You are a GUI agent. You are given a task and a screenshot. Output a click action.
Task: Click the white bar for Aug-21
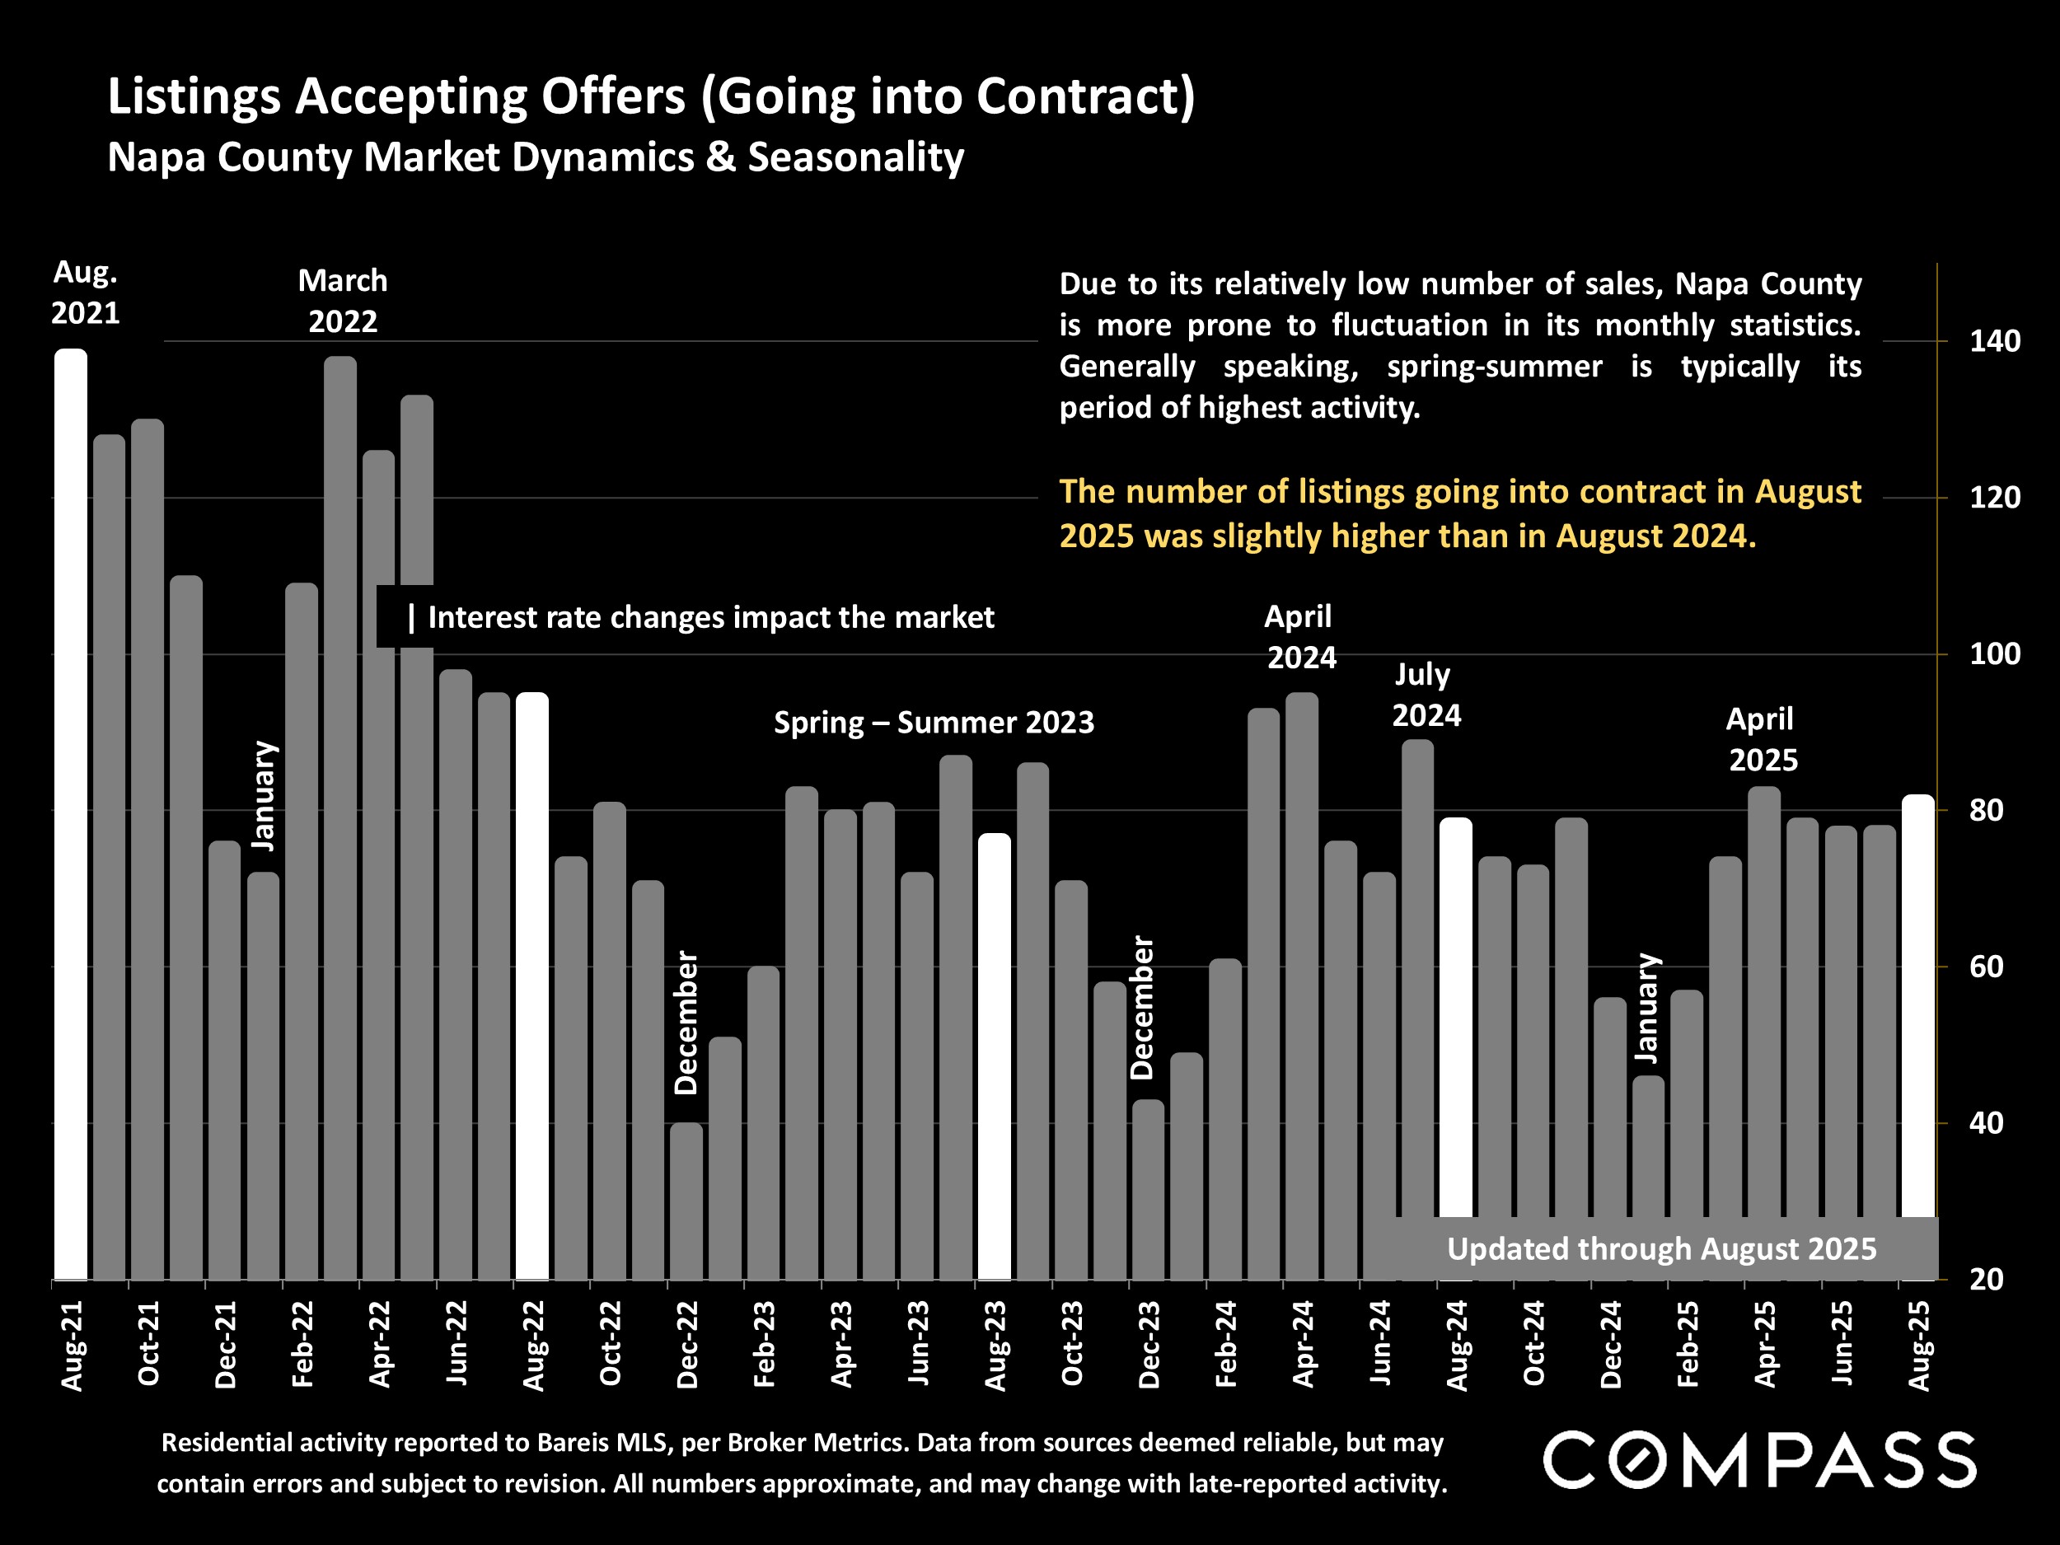point(71,815)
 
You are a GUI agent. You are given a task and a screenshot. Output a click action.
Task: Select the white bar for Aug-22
point(531,987)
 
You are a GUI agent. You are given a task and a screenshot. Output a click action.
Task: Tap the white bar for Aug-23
point(994,1057)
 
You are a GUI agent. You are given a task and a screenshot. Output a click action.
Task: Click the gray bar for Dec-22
point(686,1201)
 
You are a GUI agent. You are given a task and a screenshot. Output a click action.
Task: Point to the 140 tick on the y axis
point(1995,342)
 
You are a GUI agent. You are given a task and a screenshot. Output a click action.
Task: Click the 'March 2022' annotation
point(343,301)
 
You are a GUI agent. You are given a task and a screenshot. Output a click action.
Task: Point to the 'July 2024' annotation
point(1425,695)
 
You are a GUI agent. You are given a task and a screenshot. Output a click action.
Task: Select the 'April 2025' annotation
point(1761,739)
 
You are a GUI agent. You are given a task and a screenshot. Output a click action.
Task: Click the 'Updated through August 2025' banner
point(1660,1249)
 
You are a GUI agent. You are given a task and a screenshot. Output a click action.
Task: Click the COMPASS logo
point(1759,1460)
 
